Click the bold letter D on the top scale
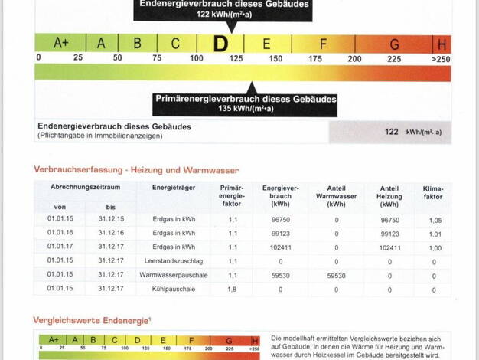(x=220, y=44)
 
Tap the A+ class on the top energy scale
(x=61, y=44)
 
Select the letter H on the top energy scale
(x=442, y=44)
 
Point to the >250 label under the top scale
(x=441, y=59)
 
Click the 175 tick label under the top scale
(x=314, y=59)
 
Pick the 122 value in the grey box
(x=391, y=132)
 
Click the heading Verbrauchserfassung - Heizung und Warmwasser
(x=136, y=170)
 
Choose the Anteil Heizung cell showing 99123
(x=389, y=233)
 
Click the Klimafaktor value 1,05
(x=435, y=219)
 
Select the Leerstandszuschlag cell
(x=168, y=261)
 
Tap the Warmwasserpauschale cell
(x=168, y=275)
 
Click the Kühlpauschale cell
(x=168, y=289)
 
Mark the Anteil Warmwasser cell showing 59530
(x=337, y=275)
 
